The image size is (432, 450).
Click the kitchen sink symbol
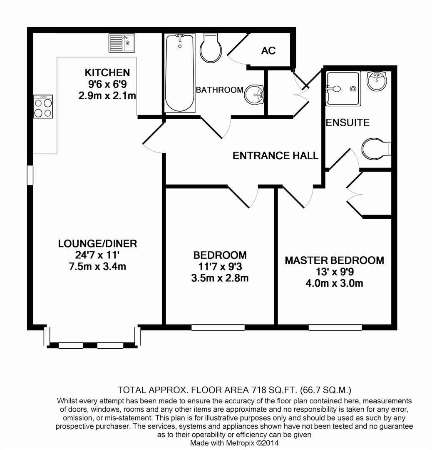tap(122, 42)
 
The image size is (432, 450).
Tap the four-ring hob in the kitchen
tap(43, 107)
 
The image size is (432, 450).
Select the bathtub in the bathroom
tap(180, 73)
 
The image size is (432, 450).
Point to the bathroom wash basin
tap(254, 94)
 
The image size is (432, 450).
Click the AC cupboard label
tap(268, 51)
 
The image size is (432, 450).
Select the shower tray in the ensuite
tap(343, 88)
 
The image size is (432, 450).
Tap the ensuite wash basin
tap(378, 80)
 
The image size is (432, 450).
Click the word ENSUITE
tap(348, 122)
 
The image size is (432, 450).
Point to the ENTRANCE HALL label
tap(275, 156)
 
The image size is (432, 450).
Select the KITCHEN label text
tap(107, 72)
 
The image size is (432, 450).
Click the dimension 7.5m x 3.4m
tap(97, 266)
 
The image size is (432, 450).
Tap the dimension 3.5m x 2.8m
tap(220, 278)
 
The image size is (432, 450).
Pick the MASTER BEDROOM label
tap(334, 260)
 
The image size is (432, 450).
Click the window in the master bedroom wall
tap(335, 327)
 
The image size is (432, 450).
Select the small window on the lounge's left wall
tap(30, 175)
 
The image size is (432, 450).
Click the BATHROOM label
tap(220, 90)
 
